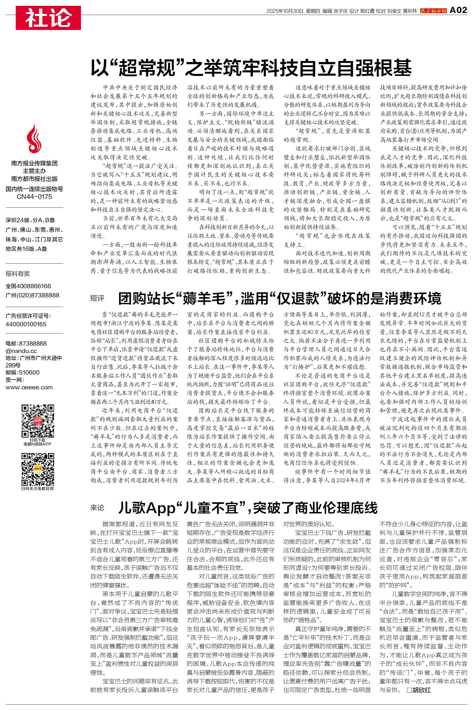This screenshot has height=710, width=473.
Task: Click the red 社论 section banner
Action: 48,18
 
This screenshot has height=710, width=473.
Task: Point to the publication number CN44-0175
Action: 34,197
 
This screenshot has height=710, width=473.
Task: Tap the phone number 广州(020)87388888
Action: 32,295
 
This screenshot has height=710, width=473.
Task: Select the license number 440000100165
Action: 26,324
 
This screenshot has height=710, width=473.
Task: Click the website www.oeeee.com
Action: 29,387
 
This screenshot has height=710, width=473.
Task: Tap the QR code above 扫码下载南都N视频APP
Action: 38,421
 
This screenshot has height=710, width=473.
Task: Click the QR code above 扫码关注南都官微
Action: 38,469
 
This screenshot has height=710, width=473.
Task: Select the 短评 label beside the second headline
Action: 97,298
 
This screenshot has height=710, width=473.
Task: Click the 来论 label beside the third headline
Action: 97,508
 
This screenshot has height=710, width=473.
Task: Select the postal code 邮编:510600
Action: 23,373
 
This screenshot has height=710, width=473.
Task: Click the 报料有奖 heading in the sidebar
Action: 18,273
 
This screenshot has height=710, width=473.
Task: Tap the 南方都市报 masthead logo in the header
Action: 433,11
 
